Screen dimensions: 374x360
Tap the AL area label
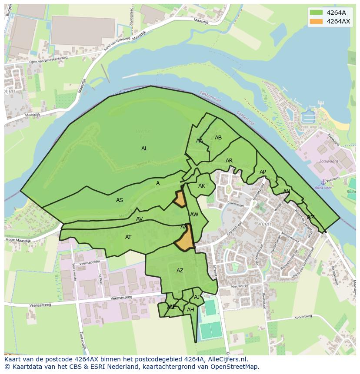144,149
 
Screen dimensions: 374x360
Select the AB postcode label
218,138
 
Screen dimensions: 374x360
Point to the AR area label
229,161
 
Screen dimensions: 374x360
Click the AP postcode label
263,172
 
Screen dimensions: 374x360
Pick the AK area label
202,186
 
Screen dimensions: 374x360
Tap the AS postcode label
120,200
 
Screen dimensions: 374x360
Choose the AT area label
128,237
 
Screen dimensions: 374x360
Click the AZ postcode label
180,271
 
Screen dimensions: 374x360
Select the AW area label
194,215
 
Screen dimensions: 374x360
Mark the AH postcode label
190,310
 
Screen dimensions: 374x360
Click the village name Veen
264,224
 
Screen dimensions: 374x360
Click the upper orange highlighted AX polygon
180,199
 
